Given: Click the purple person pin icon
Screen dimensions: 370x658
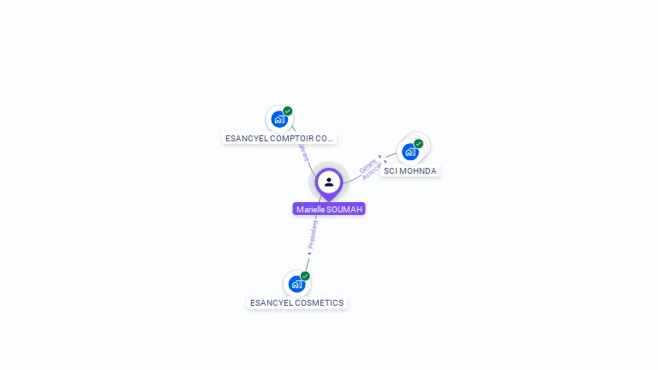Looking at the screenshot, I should click(x=329, y=182).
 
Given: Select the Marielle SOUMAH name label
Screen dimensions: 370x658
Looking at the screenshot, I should click(x=329, y=209).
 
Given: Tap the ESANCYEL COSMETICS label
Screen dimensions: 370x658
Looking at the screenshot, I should click(x=296, y=303).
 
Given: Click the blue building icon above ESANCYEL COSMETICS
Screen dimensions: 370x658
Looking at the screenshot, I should click(x=296, y=283).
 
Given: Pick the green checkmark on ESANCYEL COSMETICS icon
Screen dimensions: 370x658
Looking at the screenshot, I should click(x=305, y=276).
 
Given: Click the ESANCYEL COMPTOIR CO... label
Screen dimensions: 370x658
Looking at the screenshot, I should click(x=278, y=138).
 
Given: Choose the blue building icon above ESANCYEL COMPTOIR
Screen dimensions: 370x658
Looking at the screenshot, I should click(x=279, y=119).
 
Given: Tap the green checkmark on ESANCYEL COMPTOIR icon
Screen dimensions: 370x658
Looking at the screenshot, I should click(x=288, y=110).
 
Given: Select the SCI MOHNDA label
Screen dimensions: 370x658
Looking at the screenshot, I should click(x=410, y=171).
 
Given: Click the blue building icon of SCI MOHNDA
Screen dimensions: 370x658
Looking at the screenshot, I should click(x=410, y=152).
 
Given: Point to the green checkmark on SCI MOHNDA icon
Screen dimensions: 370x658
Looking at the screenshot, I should click(x=419, y=143).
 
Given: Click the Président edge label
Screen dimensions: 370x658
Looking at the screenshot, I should click(x=313, y=234).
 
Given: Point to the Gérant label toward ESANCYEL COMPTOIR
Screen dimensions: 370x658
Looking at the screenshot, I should click(x=303, y=152).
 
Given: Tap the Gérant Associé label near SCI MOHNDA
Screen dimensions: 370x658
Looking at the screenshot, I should click(x=370, y=169).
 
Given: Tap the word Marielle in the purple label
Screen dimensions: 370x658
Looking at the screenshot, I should click(x=311, y=209).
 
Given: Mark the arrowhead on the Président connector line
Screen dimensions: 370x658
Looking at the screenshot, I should click(x=309, y=254).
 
